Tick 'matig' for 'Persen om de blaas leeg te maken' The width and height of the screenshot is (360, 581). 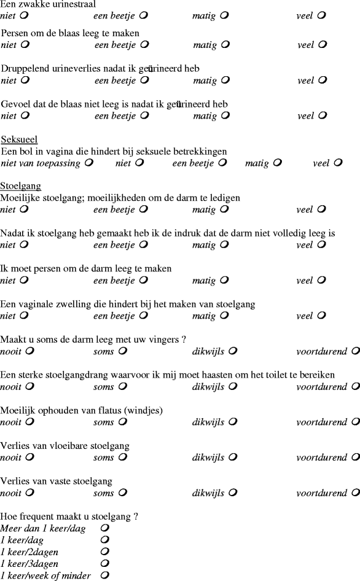coord(225,45)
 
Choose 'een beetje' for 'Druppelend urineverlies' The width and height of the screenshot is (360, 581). coord(144,80)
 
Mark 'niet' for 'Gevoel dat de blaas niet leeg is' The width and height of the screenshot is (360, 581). coord(24,115)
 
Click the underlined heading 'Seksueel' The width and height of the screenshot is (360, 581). coord(15,139)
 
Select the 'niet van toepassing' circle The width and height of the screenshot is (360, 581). coord(90,163)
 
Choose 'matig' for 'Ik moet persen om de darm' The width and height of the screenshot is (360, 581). coord(225,281)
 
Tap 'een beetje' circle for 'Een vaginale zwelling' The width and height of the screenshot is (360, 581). coord(144,316)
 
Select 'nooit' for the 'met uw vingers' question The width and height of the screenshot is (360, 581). coord(29,352)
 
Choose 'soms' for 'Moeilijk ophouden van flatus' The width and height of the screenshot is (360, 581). coord(122,423)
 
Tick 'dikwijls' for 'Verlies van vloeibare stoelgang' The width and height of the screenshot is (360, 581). coord(233,458)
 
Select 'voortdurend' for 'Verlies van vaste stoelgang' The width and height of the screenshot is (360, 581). coord(355,493)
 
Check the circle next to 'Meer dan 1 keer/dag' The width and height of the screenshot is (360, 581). coord(105,528)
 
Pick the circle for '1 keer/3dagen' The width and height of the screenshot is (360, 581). coord(105,563)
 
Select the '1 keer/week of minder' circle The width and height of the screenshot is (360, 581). coord(105,575)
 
